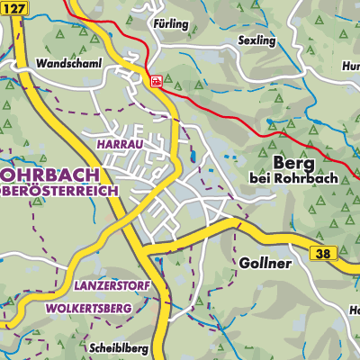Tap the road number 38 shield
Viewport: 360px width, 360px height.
click(x=326, y=255)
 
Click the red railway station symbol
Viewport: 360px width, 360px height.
click(x=157, y=81)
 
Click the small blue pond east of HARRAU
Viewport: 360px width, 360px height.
click(x=192, y=161)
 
